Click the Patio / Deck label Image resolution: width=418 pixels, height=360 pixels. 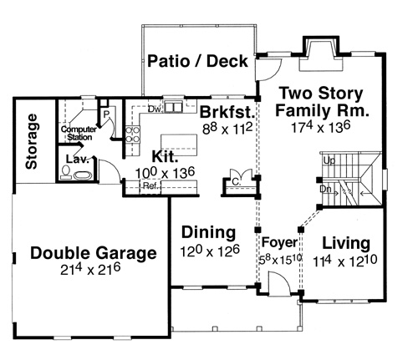tap(197, 61)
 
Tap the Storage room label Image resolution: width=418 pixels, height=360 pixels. tap(31, 141)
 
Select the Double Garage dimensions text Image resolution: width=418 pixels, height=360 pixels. tap(90, 269)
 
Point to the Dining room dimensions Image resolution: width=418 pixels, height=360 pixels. tap(210, 251)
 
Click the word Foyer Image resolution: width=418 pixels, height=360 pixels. tap(279, 242)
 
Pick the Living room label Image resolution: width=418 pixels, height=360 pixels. tap(346, 243)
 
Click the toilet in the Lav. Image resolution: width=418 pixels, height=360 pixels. tap(66, 172)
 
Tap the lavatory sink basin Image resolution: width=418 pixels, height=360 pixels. tap(83, 175)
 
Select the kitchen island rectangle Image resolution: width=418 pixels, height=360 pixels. tap(179, 145)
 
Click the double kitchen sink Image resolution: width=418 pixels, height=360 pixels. tap(173, 107)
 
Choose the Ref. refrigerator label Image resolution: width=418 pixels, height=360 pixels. tap(150, 185)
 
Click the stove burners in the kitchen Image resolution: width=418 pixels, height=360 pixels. tap(132, 134)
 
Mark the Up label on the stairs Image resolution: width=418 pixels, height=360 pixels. tap(329, 160)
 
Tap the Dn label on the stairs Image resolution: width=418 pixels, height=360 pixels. tap(325, 190)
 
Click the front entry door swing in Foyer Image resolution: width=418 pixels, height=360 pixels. tap(280, 282)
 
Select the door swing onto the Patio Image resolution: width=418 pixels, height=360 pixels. tap(269, 69)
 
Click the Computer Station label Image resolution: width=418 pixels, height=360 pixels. tap(79, 134)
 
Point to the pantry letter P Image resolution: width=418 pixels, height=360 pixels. tap(106, 114)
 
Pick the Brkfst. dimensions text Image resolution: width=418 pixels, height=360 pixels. tap(227, 129)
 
